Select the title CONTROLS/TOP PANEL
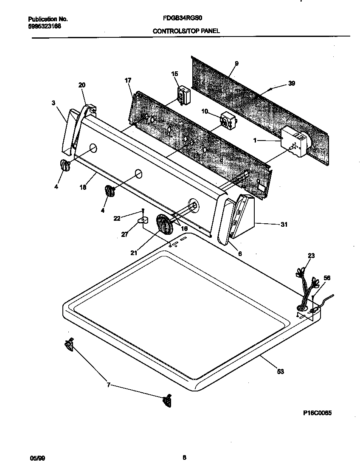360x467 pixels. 186,31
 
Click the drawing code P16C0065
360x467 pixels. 317,413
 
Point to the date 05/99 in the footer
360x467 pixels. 37,458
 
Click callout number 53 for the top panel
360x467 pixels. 280,371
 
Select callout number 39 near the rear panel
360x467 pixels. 291,83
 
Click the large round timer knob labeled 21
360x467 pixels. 164,224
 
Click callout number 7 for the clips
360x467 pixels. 108,385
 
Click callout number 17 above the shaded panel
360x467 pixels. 128,80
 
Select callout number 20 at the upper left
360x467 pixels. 82,85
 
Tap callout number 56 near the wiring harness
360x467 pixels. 326,278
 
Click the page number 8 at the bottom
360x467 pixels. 184,458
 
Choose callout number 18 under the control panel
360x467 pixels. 83,187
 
